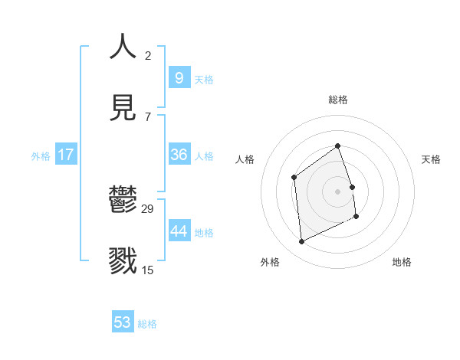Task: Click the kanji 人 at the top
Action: click(123, 47)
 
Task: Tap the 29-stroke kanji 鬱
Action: click(123, 201)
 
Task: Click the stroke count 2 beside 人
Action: click(148, 56)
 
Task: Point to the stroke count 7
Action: click(148, 116)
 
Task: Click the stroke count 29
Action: click(148, 209)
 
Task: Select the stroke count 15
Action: click(148, 270)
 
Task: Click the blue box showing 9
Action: click(179, 77)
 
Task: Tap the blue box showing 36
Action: click(179, 155)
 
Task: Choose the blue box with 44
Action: click(179, 231)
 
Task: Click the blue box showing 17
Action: click(66, 155)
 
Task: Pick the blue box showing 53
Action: click(123, 322)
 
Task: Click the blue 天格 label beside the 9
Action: click(203, 80)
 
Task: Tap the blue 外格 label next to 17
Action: click(41, 156)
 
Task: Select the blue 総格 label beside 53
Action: click(147, 324)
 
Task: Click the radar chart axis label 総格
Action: click(337, 100)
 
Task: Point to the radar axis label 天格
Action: click(431, 159)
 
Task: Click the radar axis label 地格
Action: click(402, 262)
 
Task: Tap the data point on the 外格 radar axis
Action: click(301, 241)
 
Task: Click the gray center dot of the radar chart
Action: click(337, 191)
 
